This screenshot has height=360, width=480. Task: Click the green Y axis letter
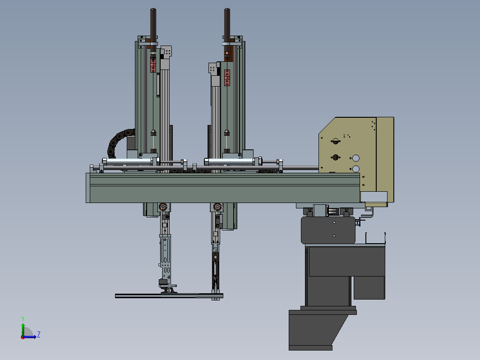pos(23,319)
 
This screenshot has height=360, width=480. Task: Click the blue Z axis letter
pos(39,334)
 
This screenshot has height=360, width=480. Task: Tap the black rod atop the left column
pos(153,29)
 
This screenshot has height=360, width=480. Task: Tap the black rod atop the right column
pos(227,29)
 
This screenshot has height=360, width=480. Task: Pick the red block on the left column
pos(153,64)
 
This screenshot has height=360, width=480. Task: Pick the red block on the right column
pos(227,78)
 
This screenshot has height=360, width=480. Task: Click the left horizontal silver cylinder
pos(129,162)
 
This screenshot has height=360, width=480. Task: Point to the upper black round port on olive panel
pos(336,141)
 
